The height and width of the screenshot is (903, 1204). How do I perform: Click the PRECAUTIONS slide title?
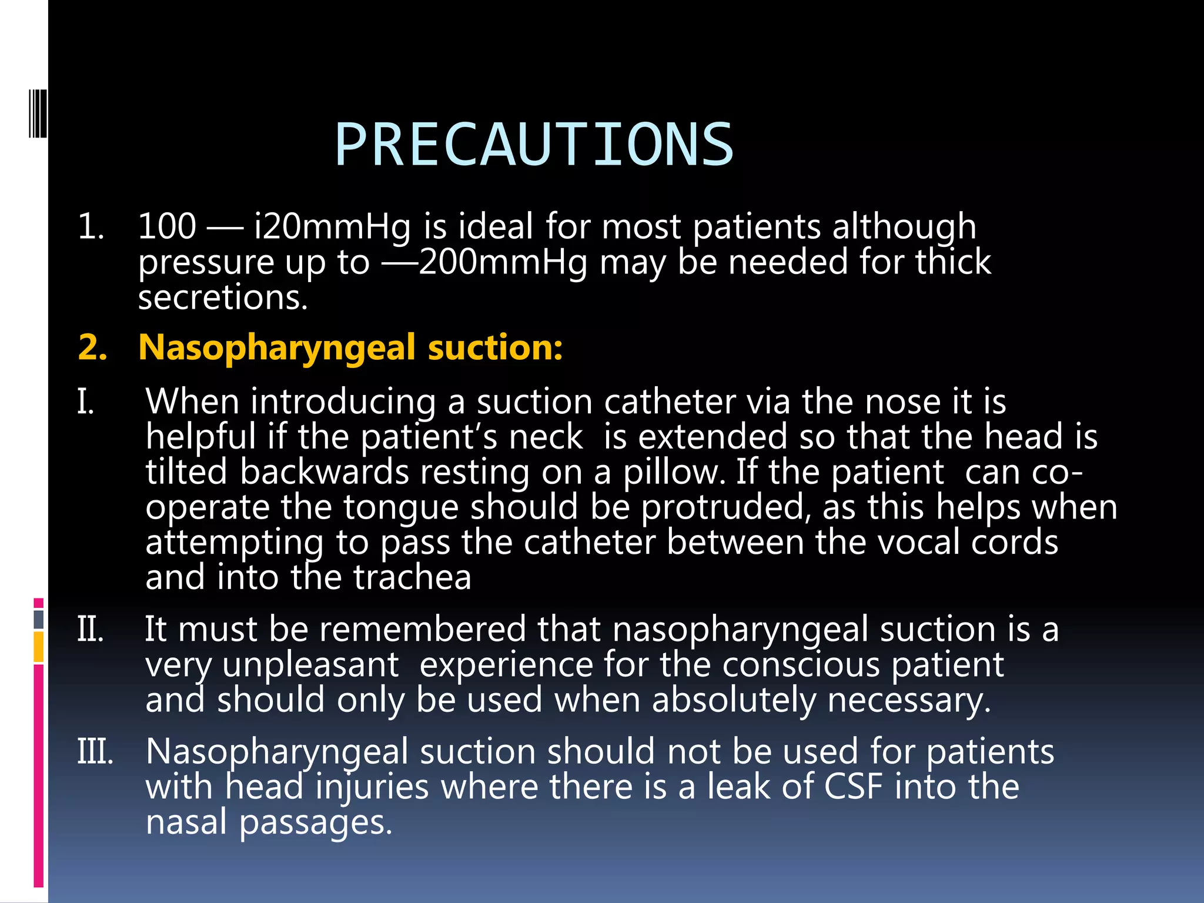534,145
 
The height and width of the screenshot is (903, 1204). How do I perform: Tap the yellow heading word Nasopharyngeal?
277,347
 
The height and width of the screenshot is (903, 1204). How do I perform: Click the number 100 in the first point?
167,226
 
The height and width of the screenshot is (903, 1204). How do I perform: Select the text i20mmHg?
332,228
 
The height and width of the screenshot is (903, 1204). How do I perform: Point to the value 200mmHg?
503,262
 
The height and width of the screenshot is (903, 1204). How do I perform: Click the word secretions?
223,297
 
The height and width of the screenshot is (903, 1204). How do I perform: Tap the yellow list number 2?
92,347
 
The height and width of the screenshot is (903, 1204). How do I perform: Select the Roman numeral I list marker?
85,402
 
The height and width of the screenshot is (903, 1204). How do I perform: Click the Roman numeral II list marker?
91,630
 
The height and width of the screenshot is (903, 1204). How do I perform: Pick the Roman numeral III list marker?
95,752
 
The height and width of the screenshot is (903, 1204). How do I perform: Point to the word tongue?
400,507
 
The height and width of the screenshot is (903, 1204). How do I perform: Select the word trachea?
412,578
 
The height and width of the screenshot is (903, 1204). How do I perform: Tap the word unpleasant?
310,665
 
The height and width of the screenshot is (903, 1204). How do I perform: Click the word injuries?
372,788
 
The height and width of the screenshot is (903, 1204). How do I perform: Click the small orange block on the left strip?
39,647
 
